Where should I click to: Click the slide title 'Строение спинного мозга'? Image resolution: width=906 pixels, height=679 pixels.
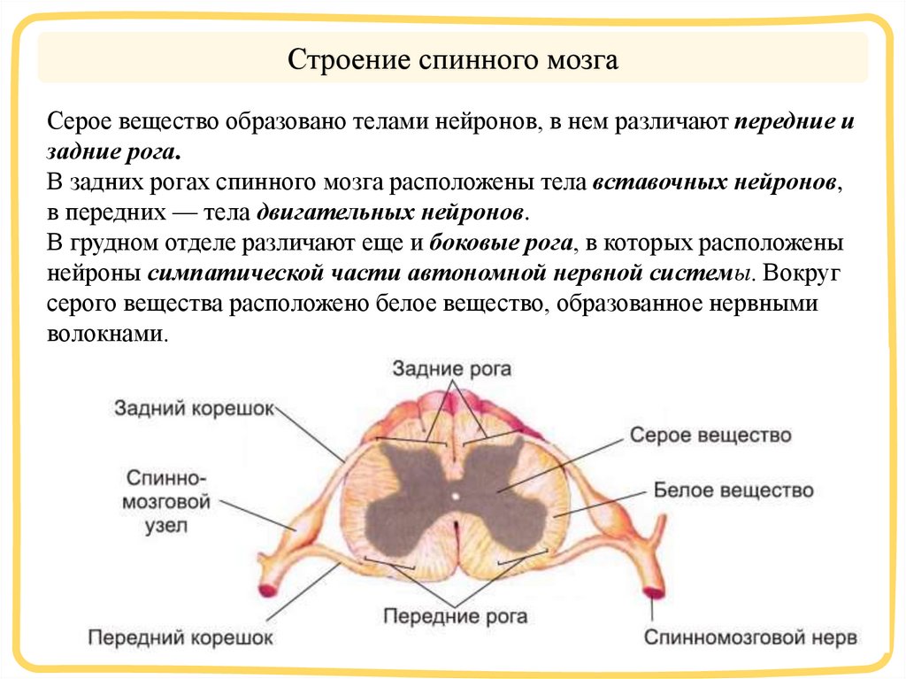point(452,61)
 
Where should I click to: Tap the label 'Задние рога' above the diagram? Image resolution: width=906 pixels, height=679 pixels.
point(451,367)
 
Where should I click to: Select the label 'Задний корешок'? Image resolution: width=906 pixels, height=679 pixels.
point(195,407)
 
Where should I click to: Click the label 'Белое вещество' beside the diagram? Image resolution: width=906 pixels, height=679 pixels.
point(733,490)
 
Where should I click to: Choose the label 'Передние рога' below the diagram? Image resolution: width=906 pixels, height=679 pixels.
point(456,616)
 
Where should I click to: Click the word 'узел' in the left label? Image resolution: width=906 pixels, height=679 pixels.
point(169,526)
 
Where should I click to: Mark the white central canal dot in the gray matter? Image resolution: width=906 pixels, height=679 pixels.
point(455,496)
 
